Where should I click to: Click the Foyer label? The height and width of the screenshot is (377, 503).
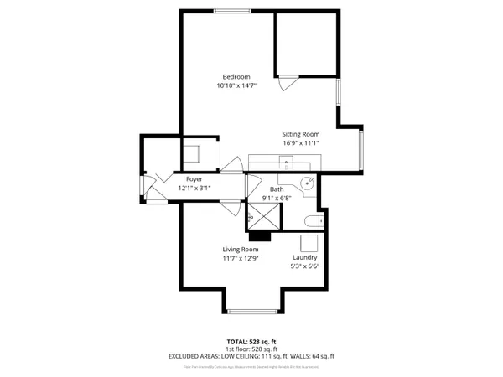coord(194,179)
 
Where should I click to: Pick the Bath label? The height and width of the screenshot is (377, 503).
coord(277,189)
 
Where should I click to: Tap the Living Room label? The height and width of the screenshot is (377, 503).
coord(240,250)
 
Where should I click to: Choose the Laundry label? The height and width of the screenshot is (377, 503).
coord(304,258)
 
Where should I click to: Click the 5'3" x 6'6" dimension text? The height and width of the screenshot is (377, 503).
coord(304,267)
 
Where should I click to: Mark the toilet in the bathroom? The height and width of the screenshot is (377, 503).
coord(311,221)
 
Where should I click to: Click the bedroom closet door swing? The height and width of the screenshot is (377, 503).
coord(288,83)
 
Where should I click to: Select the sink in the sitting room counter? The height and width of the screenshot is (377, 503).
coord(286,162)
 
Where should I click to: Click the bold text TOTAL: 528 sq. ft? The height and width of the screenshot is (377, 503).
coord(251,342)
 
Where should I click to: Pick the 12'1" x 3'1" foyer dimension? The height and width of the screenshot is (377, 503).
coord(194,188)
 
